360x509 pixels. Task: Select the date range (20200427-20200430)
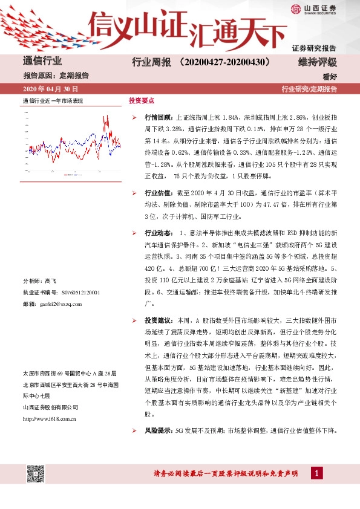pyautogui.click(x=224, y=62)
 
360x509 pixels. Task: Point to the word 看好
pyautogui.click(x=330, y=76)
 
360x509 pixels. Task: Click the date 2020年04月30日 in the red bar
pyautogui.click(x=50, y=89)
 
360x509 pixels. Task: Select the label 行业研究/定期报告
pyautogui.click(x=309, y=89)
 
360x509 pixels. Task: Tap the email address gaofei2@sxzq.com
pyautogui.click(x=64, y=303)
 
